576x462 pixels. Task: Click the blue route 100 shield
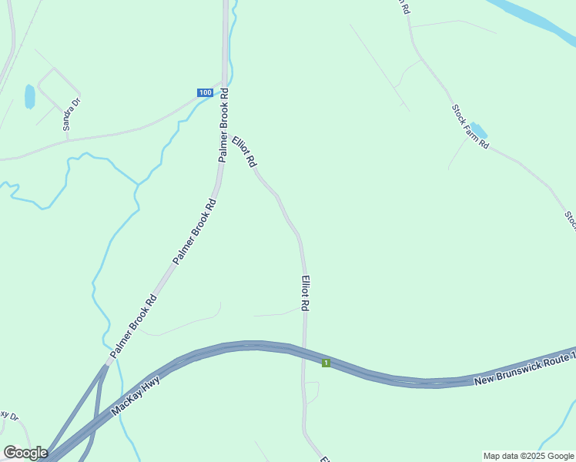204,92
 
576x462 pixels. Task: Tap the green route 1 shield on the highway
326,362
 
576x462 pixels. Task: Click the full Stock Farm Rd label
471,126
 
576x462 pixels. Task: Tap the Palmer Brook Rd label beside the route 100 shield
224,124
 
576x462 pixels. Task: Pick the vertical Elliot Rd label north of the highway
306,293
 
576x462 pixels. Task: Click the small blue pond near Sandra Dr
30,96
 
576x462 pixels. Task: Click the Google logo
25,452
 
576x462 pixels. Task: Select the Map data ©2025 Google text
528,456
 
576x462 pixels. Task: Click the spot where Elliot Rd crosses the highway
304,353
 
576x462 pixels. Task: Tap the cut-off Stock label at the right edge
571,219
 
